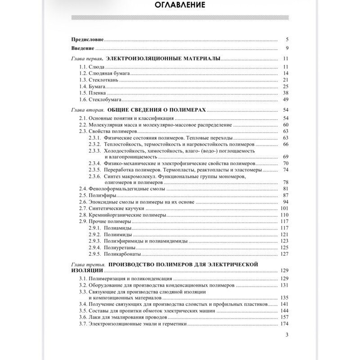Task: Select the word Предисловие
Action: pos(87,40)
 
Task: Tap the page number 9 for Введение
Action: pos(286,48)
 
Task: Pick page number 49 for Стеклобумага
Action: pos(285,99)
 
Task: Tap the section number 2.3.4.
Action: pos(96,164)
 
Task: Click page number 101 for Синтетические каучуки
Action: pos(283,208)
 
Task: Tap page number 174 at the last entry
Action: pos(283,324)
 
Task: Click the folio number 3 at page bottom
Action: pos(287,335)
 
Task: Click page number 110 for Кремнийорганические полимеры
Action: pos(283,215)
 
